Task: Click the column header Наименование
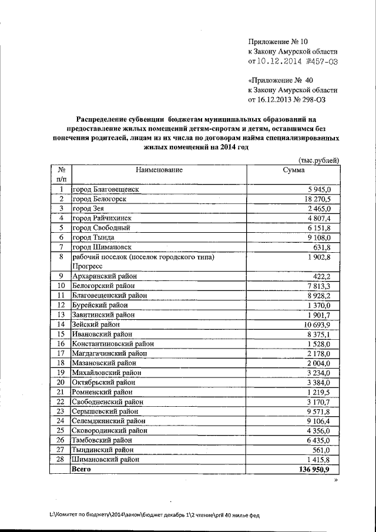tap(159, 170)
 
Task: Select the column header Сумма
tap(293, 170)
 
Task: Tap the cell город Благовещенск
tap(105, 189)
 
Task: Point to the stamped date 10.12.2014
tap(282, 61)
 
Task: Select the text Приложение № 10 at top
tap(278, 41)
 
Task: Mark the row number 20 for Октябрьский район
tap(61, 382)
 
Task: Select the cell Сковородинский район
tap(109, 430)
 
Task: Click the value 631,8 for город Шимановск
tap(322, 247)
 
